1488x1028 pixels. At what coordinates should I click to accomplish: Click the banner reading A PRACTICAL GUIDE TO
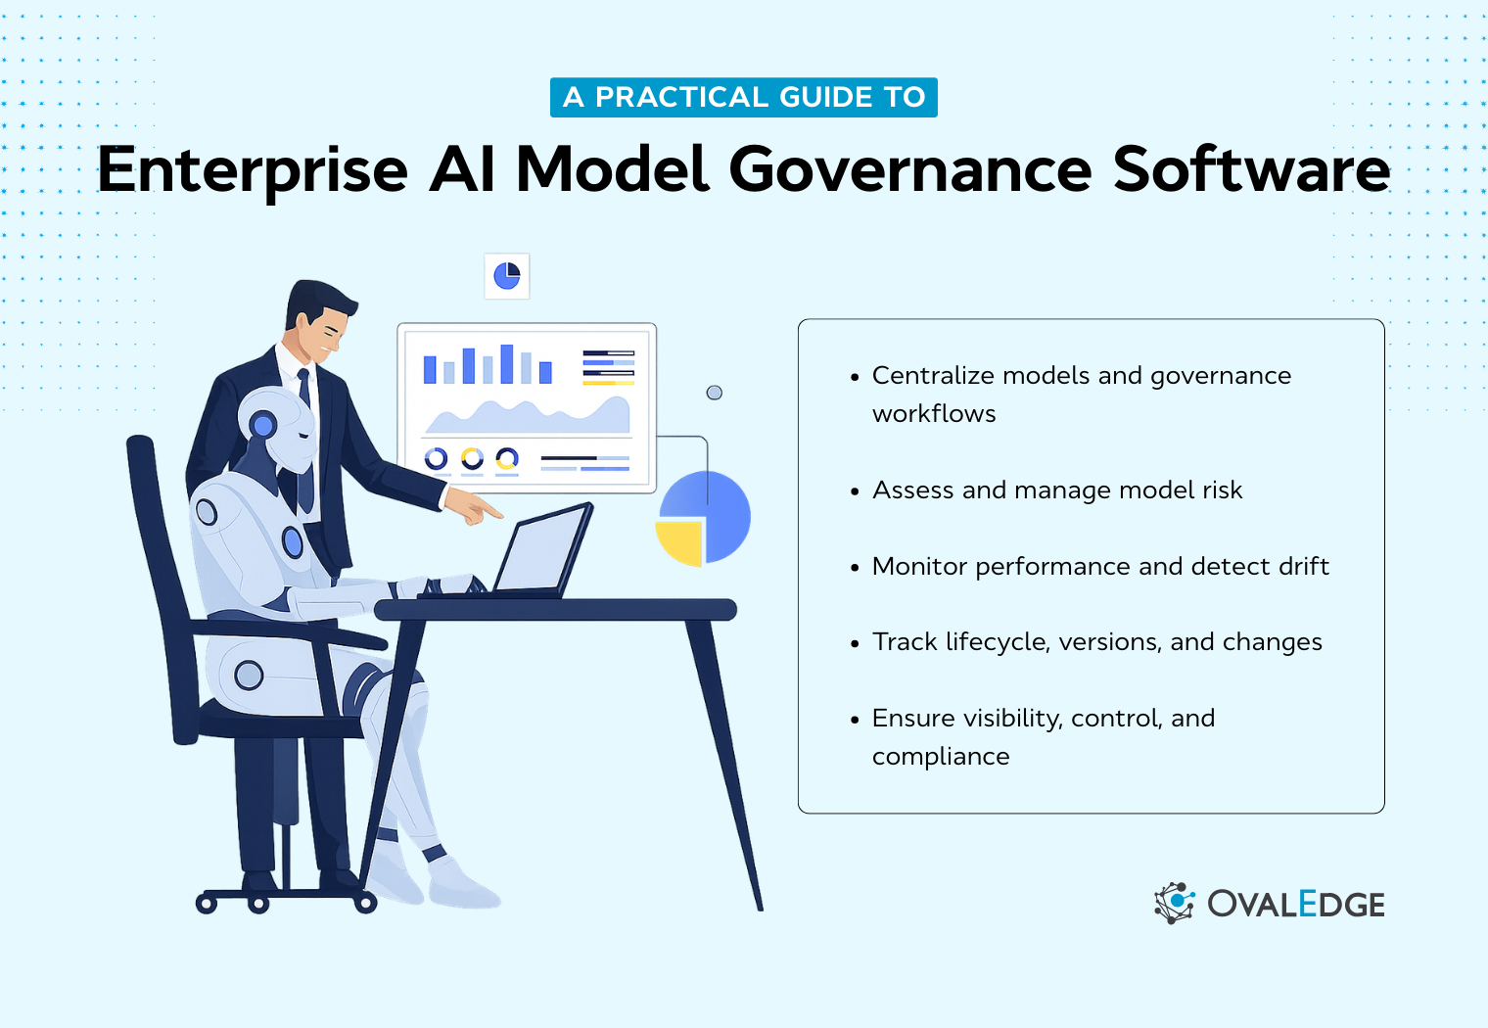click(x=744, y=97)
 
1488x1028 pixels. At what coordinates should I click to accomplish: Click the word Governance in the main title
click(x=910, y=170)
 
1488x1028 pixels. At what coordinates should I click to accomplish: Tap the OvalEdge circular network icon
click(x=1175, y=903)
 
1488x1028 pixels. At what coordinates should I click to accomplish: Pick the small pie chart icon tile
click(x=507, y=276)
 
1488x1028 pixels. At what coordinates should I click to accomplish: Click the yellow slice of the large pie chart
click(x=680, y=541)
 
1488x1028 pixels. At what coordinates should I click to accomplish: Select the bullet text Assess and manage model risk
click(x=1056, y=490)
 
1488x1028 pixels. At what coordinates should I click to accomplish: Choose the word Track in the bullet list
click(x=905, y=642)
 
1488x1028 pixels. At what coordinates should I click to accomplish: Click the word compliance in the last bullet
click(x=941, y=757)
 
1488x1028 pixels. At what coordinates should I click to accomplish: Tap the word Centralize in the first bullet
click(x=932, y=376)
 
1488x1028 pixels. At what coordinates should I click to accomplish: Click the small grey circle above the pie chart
click(x=715, y=393)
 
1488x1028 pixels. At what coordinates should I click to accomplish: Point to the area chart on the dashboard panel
click(x=529, y=416)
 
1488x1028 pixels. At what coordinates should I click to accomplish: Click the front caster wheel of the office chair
click(x=365, y=903)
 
